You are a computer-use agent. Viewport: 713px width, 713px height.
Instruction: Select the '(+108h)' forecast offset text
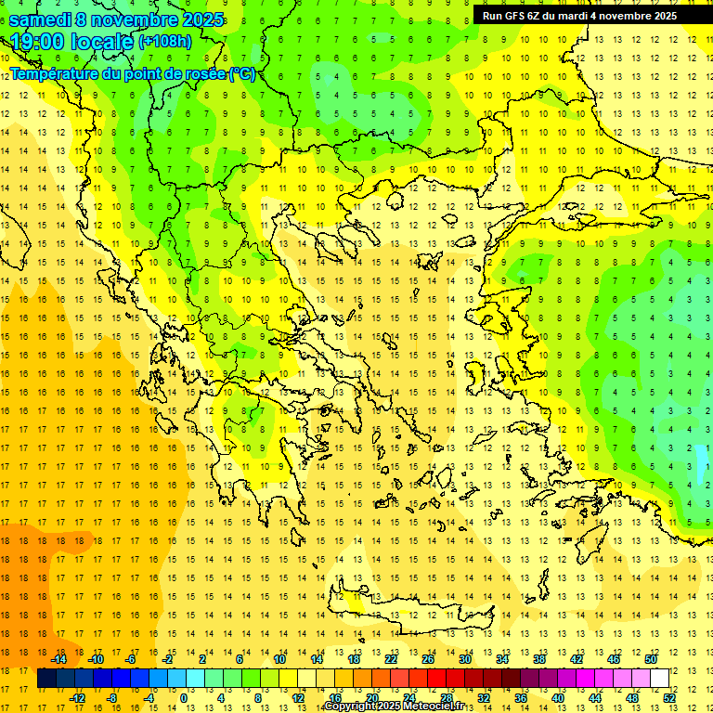[x=165, y=42]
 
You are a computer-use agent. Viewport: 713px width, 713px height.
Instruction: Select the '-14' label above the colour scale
[x=58, y=659]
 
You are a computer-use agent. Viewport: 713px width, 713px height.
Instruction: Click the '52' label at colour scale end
[x=669, y=698]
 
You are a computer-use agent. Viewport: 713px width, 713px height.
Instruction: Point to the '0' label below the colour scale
[x=184, y=698]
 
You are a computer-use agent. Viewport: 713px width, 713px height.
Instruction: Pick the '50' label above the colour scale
[x=651, y=659]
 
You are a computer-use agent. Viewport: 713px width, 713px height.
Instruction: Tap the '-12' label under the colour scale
[x=77, y=698]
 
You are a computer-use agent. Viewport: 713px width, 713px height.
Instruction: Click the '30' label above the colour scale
[x=465, y=659]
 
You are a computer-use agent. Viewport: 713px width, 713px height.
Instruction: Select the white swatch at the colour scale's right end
[x=660, y=679]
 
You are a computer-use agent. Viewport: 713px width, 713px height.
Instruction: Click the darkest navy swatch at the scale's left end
[x=46, y=679]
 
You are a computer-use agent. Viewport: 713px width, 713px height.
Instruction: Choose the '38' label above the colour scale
[x=539, y=659]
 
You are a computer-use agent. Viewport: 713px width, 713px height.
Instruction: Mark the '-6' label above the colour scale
[x=132, y=659]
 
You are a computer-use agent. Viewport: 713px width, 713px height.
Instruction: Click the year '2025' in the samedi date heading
[x=202, y=19]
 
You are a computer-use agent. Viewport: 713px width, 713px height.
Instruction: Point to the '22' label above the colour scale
[x=391, y=659]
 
